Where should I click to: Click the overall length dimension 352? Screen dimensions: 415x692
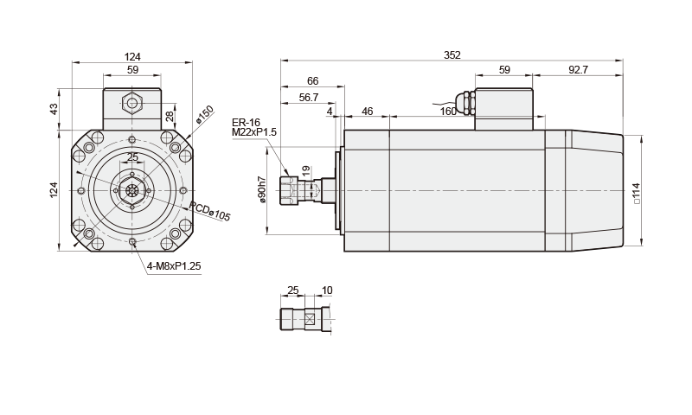[452, 55]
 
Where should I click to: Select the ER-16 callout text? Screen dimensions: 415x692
[246, 122]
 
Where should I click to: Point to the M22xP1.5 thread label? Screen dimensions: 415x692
[253, 131]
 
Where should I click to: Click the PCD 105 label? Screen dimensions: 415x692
[210, 212]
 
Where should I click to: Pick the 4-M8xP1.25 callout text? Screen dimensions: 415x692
[174, 266]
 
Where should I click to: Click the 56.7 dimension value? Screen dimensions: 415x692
[308, 98]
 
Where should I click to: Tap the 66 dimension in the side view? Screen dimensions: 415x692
[312, 81]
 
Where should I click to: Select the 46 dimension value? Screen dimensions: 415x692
[367, 112]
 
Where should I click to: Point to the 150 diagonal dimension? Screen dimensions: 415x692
[206, 112]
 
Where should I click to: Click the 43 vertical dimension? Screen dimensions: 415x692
[54, 109]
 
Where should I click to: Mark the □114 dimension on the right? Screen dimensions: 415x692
[637, 192]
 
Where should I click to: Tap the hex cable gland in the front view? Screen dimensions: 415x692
[131, 104]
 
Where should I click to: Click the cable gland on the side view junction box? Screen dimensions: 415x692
[468, 103]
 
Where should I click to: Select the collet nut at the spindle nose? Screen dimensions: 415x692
[290, 190]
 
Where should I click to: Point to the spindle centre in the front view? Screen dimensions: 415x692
[131, 190]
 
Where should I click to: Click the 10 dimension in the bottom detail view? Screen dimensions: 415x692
[326, 290]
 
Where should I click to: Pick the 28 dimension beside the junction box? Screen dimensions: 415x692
[170, 116]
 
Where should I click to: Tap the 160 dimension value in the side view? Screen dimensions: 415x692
[447, 112]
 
